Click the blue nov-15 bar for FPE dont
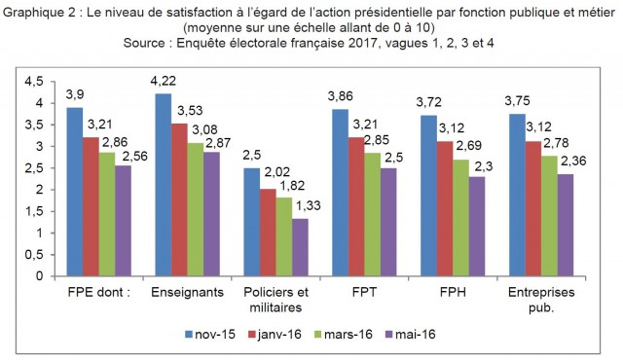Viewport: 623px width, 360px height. (x=75, y=192)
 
